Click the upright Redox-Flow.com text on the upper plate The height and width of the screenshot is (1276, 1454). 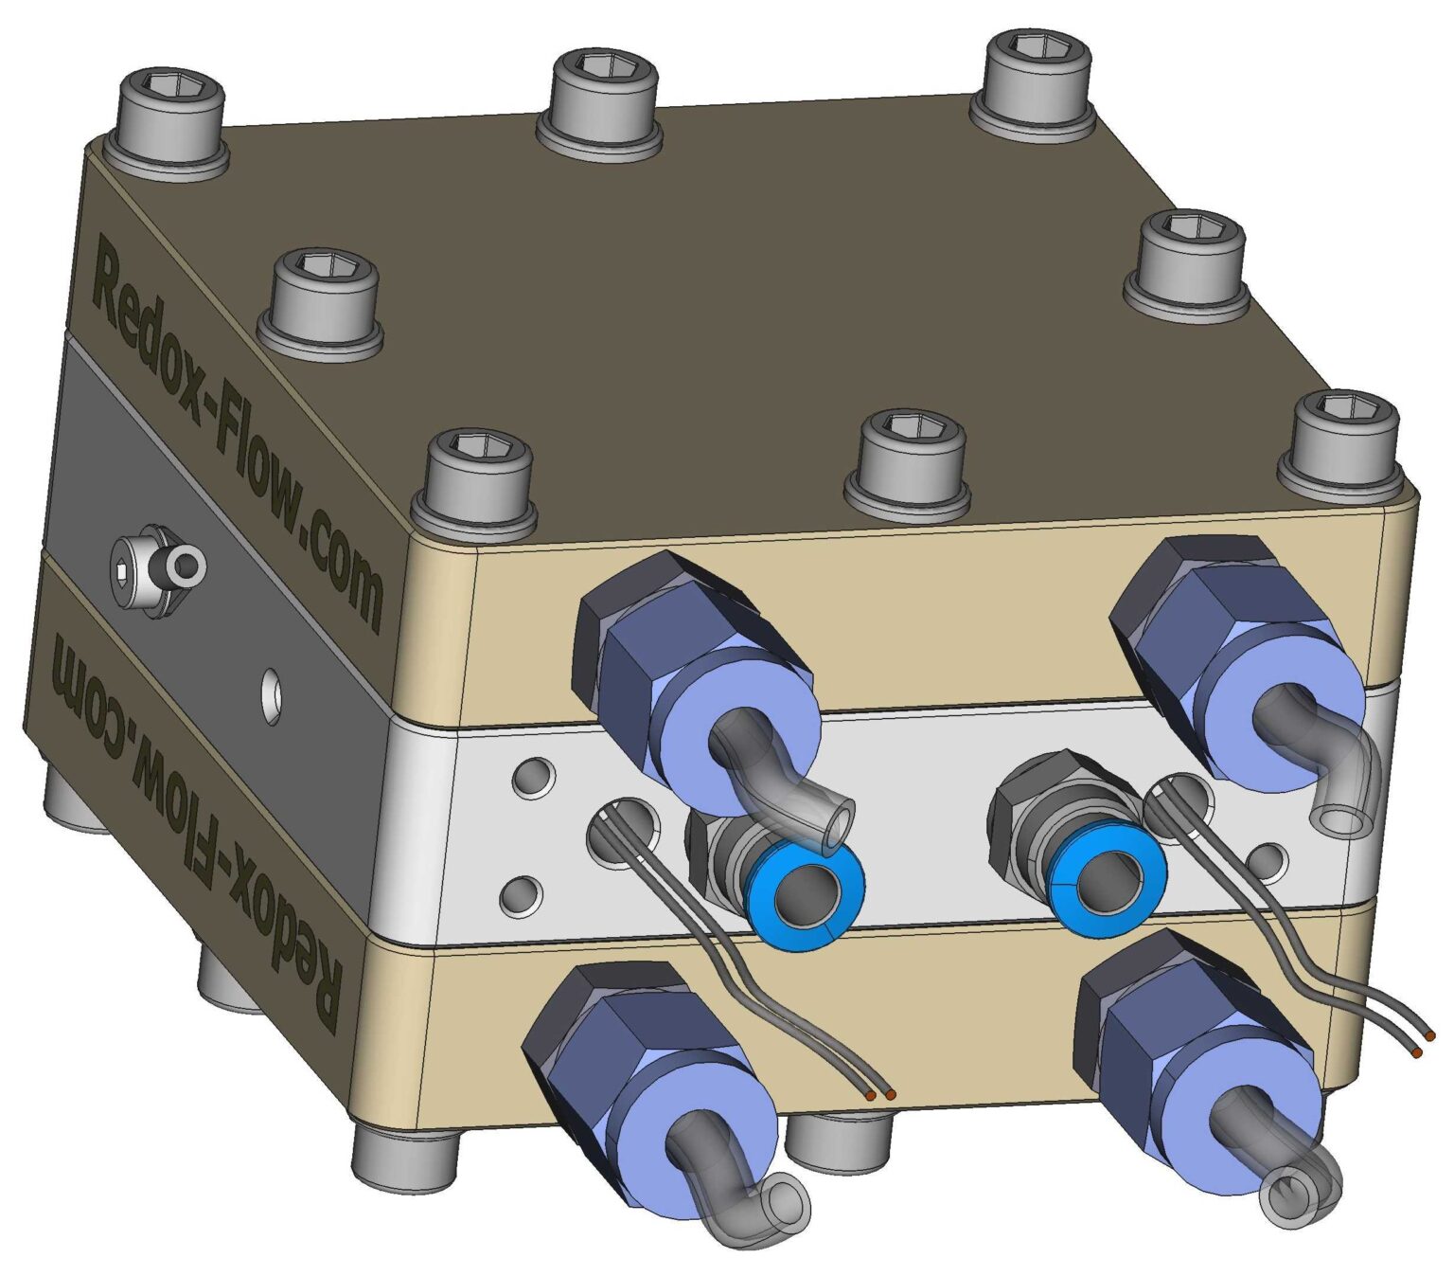237,436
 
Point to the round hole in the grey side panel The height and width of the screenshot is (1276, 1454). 272,695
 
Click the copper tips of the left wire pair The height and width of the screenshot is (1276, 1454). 880,1094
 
